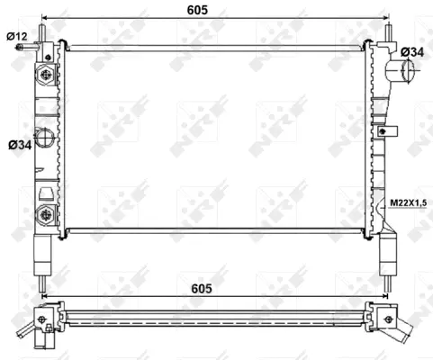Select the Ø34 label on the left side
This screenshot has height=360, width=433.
[16, 144]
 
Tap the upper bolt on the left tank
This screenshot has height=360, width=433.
[45, 76]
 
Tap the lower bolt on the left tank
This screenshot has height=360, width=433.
[45, 214]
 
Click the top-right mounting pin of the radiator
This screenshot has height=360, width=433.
[389, 30]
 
